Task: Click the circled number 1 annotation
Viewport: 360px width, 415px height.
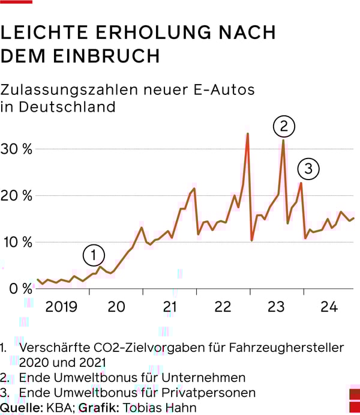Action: [x=94, y=255]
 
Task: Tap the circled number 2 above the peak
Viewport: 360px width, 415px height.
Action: [x=283, y=126]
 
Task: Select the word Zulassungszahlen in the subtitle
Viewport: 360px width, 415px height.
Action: [x=71, y=90]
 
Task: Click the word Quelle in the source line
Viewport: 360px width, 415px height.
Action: [x=20, y=408]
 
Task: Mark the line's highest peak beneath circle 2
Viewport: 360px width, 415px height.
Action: [x=283, y=141]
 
